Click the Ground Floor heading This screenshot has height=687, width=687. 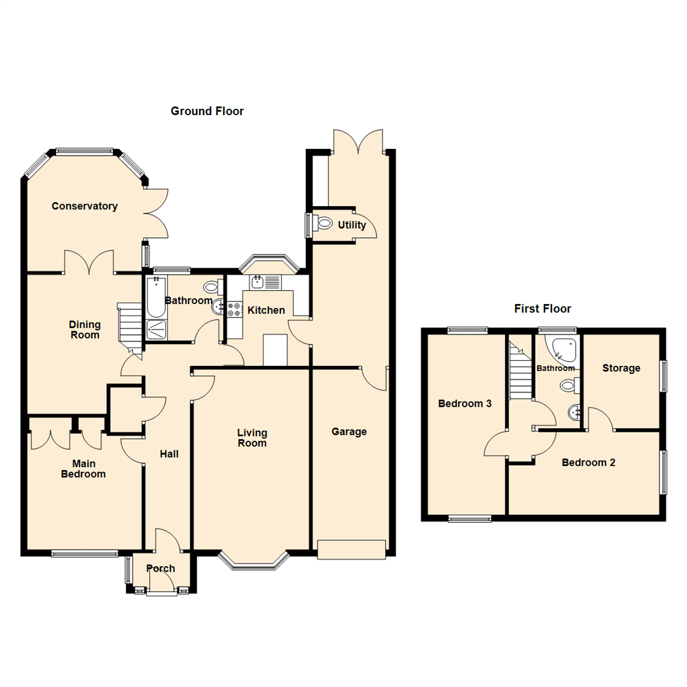[x=207, y=111]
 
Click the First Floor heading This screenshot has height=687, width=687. [x=542, y=309]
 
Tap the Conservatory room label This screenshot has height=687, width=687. [x=85, y=206]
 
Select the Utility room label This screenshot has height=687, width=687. [x=352, y=225]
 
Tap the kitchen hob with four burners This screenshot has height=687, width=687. [x=233, y=309]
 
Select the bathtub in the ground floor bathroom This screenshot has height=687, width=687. [x=155, y=297]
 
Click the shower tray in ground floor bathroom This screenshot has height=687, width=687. [x=155, y=330]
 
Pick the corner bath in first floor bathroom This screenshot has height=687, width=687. [x=564, y=349]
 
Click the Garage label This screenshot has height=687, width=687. [x=349, y=432]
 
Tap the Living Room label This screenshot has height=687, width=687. [x=252, y=438]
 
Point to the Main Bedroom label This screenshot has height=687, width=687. [x=83, y=469]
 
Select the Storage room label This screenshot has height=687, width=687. [x=621, y=368]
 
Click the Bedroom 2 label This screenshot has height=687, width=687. [x=588, y=462]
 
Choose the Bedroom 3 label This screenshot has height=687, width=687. [x=464, y=403]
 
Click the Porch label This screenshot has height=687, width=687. [x=160, y=568]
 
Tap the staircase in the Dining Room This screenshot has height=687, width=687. [x=131, y=326]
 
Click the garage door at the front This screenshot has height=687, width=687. [x=352, y=550]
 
